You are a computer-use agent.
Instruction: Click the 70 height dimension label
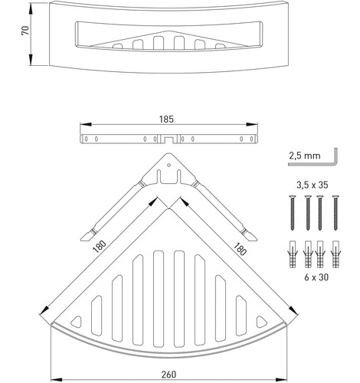[x=26, y=31]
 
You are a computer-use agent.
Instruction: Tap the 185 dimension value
[x=166, y=119]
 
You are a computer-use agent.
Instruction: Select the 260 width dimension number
[x=169, y=375]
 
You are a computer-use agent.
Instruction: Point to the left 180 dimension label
[x=100, y=247]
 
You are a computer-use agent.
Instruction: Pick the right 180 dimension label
[x=240, y=249]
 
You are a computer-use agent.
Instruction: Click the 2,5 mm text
[x=305, y=155]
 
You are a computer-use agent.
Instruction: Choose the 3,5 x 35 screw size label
[x=313, y=185]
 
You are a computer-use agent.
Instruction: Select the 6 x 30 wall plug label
[x=316, y=277]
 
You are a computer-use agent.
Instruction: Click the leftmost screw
[x=293, y=213]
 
